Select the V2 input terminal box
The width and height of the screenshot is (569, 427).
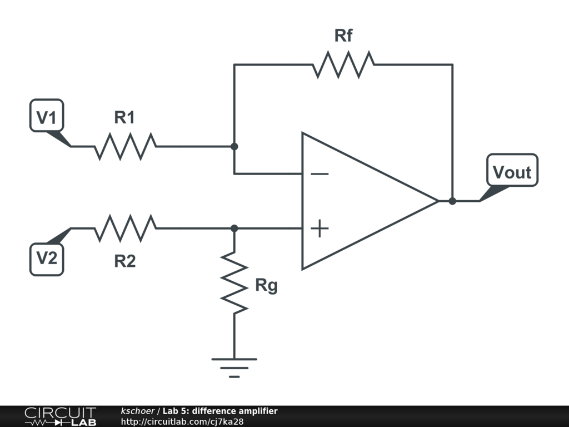(47, 259)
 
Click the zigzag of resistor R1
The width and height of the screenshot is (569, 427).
(125, 146)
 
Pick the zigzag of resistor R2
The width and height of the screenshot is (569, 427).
(125, 228)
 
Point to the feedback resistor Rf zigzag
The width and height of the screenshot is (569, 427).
(343, 64)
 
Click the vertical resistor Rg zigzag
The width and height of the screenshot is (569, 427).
(234, 283)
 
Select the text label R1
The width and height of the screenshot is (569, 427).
(124, 118)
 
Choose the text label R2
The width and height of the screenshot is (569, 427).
(125, 261)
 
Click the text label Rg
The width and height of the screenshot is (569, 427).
(266, 286)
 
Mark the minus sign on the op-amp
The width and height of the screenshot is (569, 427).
(320, 174)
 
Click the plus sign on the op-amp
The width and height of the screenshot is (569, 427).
(320, 228)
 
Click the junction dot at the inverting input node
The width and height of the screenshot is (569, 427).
(234, 146)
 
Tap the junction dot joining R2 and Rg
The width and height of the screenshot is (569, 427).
(234, 228)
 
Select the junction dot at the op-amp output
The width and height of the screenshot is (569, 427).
(452, 201)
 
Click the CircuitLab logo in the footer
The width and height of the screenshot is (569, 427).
(60, 416)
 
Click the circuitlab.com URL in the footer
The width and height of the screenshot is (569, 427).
(182, 421)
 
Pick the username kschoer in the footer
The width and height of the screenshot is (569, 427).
(138, 411)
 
